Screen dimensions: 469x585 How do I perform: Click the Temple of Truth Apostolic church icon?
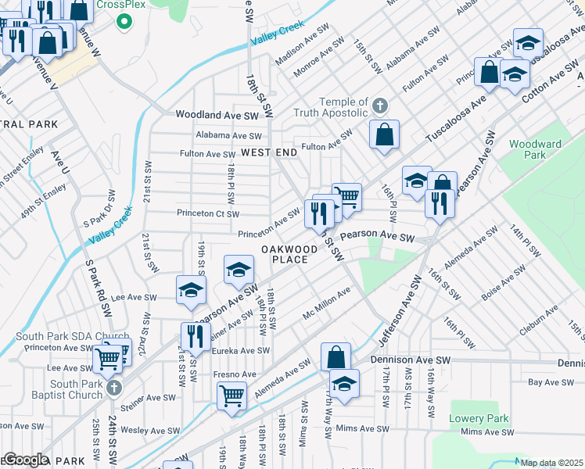[x=380, y=106]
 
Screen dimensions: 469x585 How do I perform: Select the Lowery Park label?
[x=479, y=418]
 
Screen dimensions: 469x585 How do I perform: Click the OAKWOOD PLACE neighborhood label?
[x=289, y=254]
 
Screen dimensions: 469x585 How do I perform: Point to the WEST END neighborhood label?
[x=269, y=152]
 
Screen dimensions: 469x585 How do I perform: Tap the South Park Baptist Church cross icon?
[x=113, y=388]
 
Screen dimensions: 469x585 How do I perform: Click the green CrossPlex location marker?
[x=122, y=21]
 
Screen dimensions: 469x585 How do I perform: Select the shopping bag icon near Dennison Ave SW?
[x=335, y=356]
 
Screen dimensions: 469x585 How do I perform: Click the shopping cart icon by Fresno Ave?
[x=232, y=396]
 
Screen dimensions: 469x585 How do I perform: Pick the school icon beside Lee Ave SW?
[x=190, y=290]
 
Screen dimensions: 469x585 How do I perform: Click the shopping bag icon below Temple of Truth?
[x=385, y=134]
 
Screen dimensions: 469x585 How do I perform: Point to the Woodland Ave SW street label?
[x=217, y=115]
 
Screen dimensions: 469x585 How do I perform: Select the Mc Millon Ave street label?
[x=327, y=303]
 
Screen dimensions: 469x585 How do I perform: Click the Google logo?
[x=25, y=460]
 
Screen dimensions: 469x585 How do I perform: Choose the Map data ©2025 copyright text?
[x=551, y=463]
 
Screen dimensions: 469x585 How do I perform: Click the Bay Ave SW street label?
[x=556, y=382]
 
